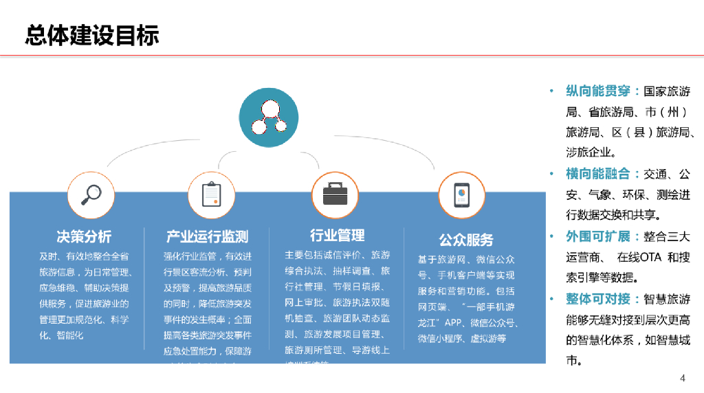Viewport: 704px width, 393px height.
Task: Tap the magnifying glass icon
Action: [x=91, y=194]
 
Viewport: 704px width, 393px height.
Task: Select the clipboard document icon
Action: [x=212, y=194]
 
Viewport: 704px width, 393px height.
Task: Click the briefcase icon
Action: [x=335, y=194]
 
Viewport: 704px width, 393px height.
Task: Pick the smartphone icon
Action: [x=461, y=195]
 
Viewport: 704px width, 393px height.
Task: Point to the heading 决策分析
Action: [x=84, y=236]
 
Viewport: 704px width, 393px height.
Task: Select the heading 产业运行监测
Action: [x=207, y=236]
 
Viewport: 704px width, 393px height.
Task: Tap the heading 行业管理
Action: [x=337, y=236]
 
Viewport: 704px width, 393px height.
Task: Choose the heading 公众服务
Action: [x=466, y=240]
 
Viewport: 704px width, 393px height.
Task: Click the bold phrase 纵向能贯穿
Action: [x=598, y=91]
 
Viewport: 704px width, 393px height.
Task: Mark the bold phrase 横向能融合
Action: [x=598, y=175]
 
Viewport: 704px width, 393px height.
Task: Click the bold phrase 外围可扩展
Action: [x=598, y=236]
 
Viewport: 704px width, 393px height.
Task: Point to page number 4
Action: [x=683, y=378]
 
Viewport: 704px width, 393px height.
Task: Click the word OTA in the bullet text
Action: [x=650, y=258]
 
